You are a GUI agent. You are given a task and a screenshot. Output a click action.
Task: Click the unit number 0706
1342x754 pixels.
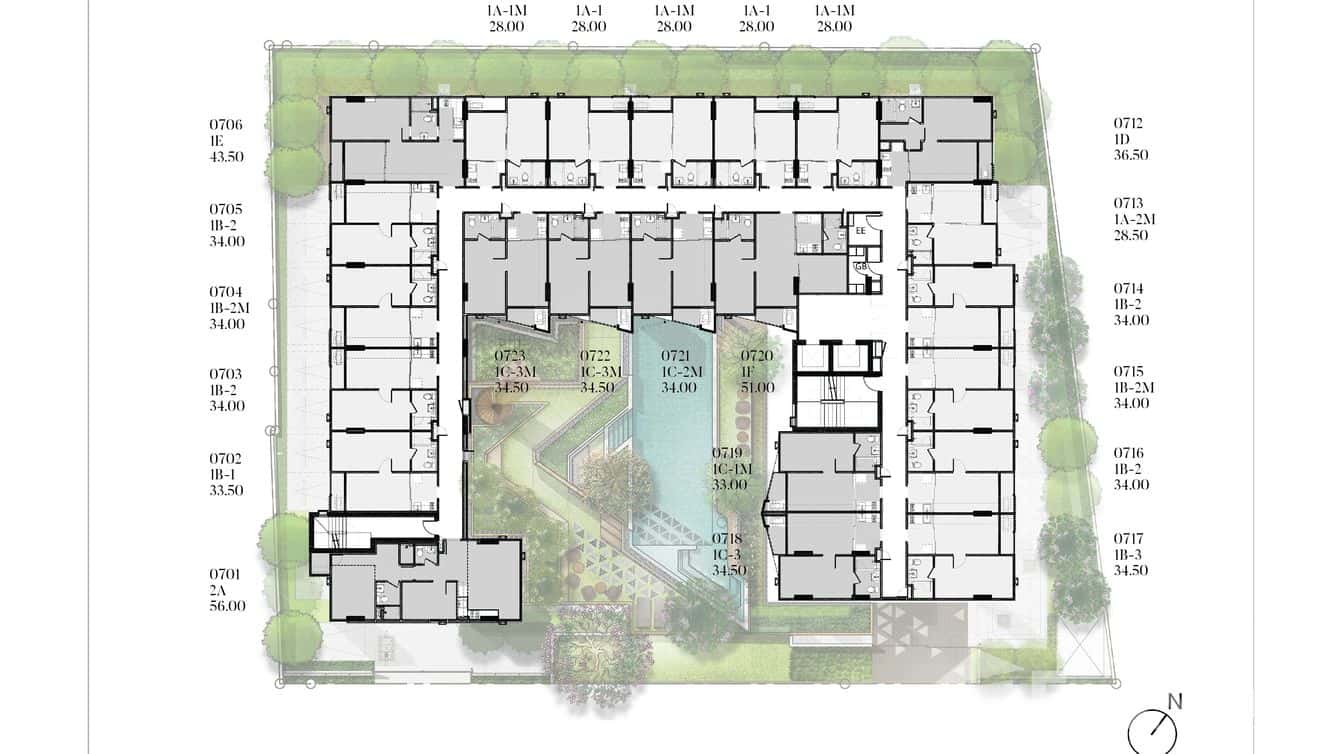point(226,125)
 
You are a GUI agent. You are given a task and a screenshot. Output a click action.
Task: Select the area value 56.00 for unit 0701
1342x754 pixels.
point(227,606)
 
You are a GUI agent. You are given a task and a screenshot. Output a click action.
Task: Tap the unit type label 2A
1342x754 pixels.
point(216,591)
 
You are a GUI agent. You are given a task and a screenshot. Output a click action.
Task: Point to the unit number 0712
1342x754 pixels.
point(1128,123)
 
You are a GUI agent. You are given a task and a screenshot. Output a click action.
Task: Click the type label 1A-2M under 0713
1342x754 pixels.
point(1134,219)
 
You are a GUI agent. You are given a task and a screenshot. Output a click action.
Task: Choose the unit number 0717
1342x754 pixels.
point(1129,539)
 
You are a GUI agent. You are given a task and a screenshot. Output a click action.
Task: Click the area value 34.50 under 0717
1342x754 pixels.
point(1131,571)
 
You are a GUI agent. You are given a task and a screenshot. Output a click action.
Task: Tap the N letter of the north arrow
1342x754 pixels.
point(1175,702)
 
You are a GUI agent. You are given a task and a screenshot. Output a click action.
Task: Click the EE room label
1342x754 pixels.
point(861,231)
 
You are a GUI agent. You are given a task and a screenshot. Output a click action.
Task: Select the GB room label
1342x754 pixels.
point(861,267)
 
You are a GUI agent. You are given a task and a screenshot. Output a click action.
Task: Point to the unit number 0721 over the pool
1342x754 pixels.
point(676,356)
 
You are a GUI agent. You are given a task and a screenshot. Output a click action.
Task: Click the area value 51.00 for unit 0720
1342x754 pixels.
point(757,387)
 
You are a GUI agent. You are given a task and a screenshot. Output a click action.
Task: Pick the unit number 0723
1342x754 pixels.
point(510,356)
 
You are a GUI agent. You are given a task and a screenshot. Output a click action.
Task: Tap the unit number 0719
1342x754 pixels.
point(727,453)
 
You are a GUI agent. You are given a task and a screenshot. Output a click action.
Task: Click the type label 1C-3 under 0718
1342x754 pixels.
point(727,555)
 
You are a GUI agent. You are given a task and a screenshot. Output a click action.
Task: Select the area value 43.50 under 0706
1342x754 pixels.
point(226,157)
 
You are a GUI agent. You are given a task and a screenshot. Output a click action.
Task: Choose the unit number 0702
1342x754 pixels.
point(225,459)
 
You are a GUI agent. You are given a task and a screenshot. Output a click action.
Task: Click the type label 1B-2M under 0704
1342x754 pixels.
point(229,308)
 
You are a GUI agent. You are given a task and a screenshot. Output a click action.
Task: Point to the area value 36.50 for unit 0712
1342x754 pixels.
point(1131,155)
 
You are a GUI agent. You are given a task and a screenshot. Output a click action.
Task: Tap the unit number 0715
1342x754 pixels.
point(1129,372)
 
